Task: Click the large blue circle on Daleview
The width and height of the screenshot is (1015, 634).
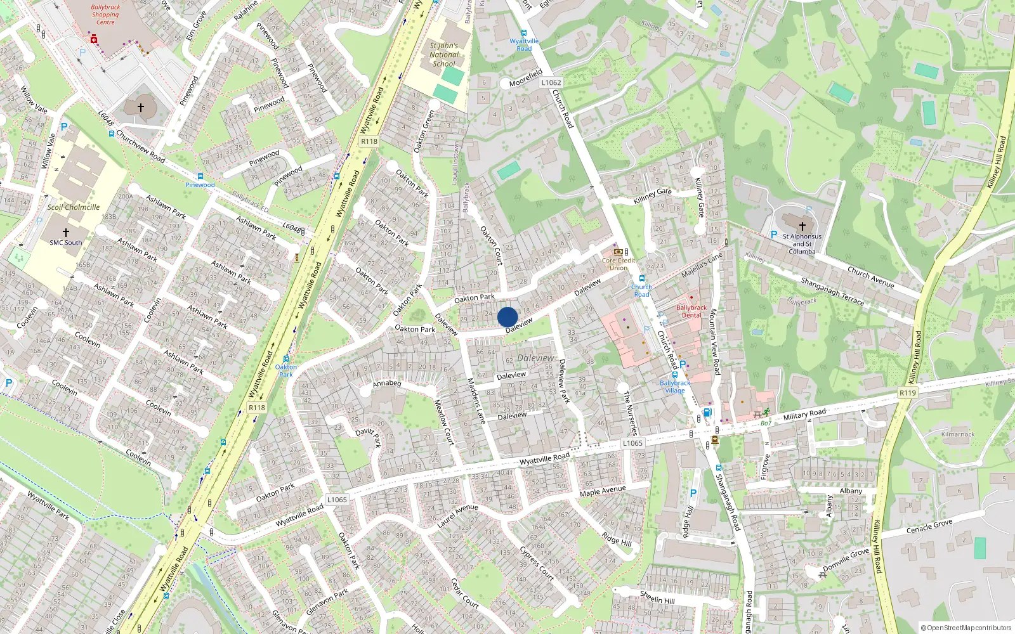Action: tap(507, 317)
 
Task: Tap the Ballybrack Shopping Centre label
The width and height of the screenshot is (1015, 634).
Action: tap(105, 15)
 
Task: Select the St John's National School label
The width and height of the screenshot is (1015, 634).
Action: tap(444, 55)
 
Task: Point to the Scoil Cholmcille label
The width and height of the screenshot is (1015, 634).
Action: tap(74, 207)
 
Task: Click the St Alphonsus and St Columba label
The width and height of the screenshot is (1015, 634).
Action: tap(802, 243)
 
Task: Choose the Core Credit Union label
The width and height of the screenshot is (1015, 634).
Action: tap(619, 264)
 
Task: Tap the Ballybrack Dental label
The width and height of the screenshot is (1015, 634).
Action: tap(691, 311)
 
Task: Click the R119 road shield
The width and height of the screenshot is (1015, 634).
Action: tap(908, 393)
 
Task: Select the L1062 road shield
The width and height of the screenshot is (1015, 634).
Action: tap(551, 82)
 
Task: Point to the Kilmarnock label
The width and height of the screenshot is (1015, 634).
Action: tap(958, 434)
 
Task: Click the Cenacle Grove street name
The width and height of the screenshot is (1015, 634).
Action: tap(929, 526)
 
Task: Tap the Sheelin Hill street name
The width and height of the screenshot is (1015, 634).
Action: tap(657, 597)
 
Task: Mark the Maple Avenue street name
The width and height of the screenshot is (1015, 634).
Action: tap(603, 491)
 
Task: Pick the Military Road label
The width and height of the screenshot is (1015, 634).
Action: tap(804, 415)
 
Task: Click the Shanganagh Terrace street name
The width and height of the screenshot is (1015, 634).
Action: tap(832, 291)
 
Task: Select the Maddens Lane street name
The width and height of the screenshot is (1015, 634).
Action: tap(476, 401)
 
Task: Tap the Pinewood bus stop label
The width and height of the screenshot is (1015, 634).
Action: tap(200, 185)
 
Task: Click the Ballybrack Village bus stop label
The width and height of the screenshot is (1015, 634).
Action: tap(675, 387)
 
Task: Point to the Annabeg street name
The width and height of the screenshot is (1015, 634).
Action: tap(387, 383)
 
